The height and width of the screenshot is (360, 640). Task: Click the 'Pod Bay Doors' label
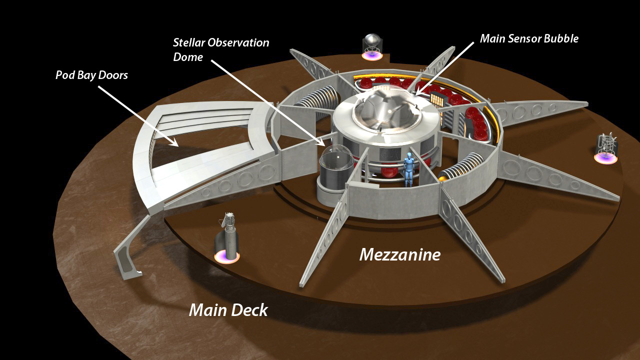click(91, 75)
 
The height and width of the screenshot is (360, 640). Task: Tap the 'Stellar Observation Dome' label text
click(221, 49)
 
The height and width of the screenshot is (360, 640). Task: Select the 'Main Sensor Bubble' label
click(529, 38)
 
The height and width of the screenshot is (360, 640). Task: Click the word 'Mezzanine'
click(399, 254)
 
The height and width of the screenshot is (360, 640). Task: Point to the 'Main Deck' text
click(228, 310)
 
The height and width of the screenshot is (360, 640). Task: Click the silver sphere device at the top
click(371, 41)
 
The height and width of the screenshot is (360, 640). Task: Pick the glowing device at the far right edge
click(606, 148)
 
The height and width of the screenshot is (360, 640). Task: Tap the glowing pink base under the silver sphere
click(371, 55)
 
